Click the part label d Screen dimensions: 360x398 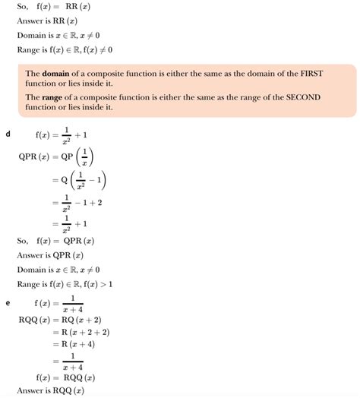[7, 134]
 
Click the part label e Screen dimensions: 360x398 [7, 303]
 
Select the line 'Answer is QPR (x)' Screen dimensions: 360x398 [55, 255]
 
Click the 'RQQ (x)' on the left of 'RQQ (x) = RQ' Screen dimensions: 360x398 [34, 319]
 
